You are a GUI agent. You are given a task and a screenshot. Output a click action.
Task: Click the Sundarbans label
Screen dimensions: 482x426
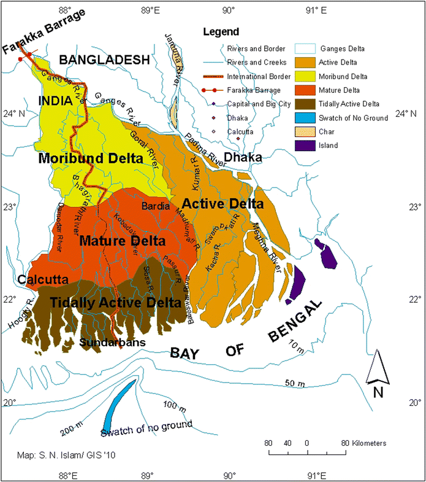[106, 342]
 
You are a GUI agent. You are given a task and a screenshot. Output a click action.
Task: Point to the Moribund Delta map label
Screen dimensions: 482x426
[91, 158]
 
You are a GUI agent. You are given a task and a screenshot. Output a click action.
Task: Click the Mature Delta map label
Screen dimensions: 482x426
[123, 241]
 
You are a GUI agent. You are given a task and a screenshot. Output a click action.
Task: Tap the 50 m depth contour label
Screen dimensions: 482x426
[295, 383]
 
